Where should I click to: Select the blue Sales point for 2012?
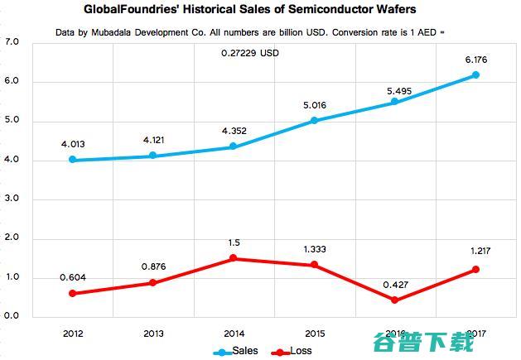pyautogui.click(x=74, y=160)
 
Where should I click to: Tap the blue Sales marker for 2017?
pyautogui.click(x=475, y=75)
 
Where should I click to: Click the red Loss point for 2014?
pyautogui.click(x=234, y=258)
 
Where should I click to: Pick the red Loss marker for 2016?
pyautogui.click(x=394, y=300)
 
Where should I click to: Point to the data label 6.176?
pyautogui.click(x=475, y=58)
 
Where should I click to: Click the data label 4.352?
pyautogui.click(x=234, y=129)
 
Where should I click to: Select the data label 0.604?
pyautogui.click(x=74, y=276)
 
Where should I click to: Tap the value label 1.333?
pyautogui.click(x=314, y=247)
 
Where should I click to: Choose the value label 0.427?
pyautogui.click(x=394, y=283)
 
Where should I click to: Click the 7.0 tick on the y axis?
pyautogui.click(x=12, y=42)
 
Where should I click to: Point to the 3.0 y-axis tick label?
pyautogui.click(x=12, y=199)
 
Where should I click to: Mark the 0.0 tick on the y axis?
pyautogui.click(x=12, y=317)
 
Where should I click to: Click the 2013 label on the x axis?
pyautogui.click(x=154, y=333)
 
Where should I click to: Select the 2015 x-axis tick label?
pyautogui.click(x=314, y=333)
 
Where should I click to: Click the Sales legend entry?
pyautogui.click(x=236, y=351)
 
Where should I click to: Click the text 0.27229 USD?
pyautogui.click(x=253, y=53)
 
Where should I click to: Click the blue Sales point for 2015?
pyautogui.click(x=314, y=121)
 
